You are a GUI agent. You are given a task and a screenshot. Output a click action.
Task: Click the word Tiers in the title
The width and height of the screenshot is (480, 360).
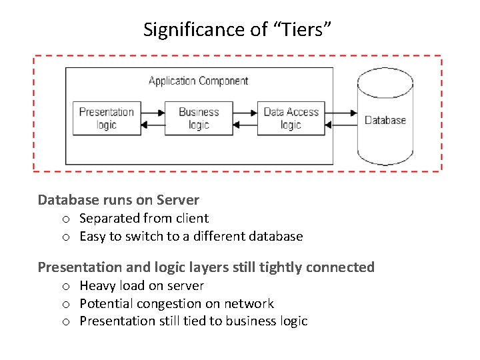(x=301, y=29)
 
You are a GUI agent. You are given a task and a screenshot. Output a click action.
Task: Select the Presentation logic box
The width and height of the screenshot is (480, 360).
(x=107, y=118)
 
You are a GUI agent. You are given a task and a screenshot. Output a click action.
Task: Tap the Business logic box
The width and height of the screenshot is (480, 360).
(x=199, y=118)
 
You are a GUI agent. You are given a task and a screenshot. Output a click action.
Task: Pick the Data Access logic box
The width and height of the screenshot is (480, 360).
(x=291, y=118)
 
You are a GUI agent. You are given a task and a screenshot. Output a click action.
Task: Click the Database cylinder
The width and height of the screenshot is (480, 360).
(x=385, y=116)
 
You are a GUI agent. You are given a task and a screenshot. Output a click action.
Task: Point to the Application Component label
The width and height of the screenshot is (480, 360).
(x=199, y=81)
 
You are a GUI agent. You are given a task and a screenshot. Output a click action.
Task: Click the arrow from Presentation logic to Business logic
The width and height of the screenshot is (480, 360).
(x=153, y=113)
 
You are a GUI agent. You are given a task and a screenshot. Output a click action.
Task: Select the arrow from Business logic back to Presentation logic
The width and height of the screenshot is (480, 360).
(x=153, y=125)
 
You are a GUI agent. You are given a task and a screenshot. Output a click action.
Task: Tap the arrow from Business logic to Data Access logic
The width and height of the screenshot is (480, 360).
(x=245, y=113)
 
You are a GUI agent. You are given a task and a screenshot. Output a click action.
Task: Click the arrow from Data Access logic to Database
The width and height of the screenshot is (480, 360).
(x=341, y=113)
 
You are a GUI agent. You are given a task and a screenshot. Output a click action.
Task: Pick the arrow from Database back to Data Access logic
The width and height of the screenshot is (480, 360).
(x=341, y=125)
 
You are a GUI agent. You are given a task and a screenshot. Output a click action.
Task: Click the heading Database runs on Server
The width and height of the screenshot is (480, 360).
(x=119, y=200)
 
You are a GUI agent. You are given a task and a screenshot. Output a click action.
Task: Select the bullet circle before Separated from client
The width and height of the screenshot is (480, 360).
(x=66, y=219)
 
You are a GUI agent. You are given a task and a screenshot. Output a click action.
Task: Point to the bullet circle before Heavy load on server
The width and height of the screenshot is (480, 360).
(x=66, y=287)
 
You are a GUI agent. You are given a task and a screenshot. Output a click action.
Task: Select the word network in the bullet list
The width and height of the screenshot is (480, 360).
(x=249, y=304)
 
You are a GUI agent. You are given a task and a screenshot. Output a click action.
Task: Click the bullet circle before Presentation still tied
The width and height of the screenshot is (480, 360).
(x=66, y=322)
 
